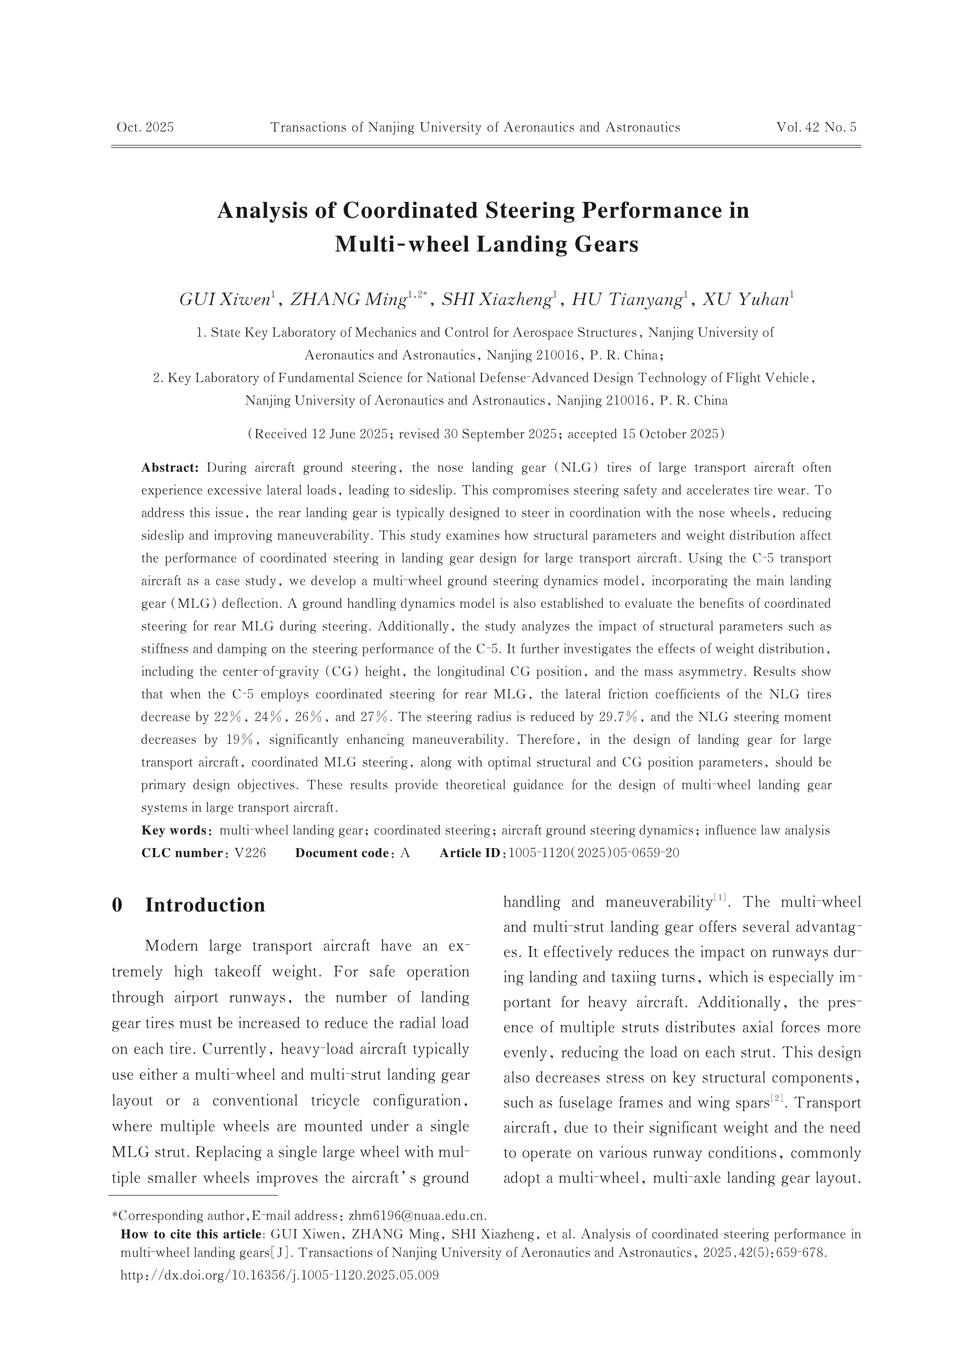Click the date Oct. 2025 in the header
pos(145,127)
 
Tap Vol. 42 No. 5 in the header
pos(816,127)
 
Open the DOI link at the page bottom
pos(279,1275)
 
